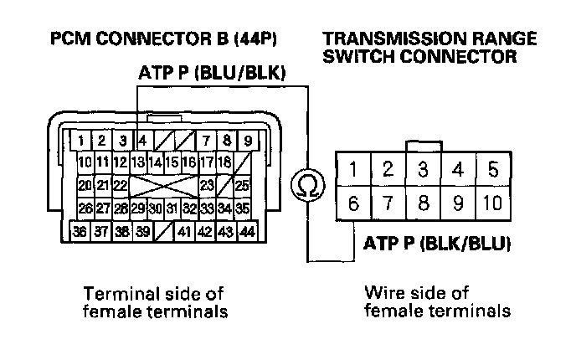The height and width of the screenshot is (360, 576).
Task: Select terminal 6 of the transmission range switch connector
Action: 353,202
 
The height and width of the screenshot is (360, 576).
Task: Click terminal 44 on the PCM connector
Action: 247,231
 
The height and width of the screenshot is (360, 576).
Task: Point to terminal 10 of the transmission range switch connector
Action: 491,202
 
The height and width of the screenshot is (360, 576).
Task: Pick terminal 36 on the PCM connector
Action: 82,231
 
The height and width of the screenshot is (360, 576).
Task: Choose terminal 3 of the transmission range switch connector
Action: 424,168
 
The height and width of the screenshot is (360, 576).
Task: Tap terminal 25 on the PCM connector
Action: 243,184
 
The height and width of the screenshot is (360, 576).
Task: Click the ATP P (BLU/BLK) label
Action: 213,75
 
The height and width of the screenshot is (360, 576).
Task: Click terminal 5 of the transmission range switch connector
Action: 491,168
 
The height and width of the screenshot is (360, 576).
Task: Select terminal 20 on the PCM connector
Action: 85,184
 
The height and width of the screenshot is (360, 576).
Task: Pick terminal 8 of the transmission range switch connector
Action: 424,202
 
